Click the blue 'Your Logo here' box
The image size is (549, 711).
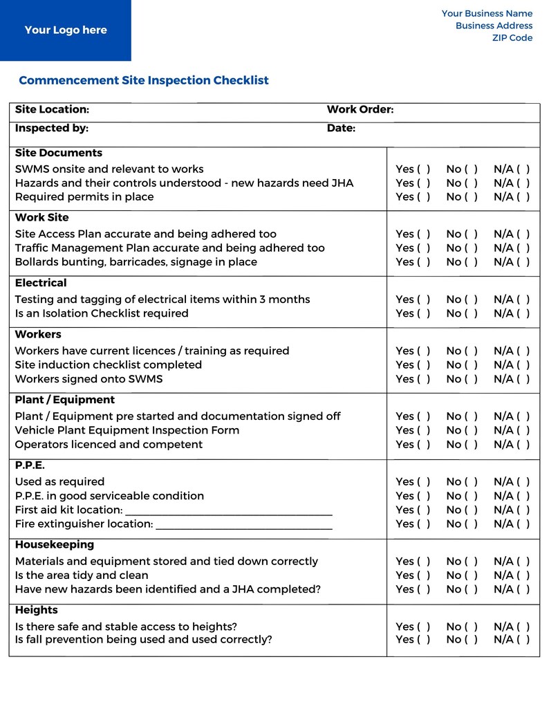(66, 30)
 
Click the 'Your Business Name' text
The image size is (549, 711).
(487, 13)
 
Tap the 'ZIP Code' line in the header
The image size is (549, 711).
(512, 38)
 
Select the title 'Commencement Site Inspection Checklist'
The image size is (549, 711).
(144, 80)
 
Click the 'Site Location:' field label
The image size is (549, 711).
(52, 109)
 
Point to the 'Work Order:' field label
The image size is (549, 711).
(360, 109)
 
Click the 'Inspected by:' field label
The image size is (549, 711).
(52, 128)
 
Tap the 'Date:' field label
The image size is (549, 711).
(341, 128)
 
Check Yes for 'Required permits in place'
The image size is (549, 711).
(424, 197)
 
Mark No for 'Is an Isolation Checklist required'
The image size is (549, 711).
(471, 313)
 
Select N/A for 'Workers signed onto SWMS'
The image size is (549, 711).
(523, 379)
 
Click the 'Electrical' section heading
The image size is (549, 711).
(41, 283)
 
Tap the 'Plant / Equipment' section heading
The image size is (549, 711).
(65, 400)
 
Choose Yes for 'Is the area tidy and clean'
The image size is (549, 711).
(424, 575)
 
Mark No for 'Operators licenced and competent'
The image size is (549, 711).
(471, 445)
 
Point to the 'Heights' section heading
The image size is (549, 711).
(36, 610)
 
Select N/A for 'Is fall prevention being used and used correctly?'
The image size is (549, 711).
(523, 640)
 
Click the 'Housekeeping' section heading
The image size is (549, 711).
(55, 544)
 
